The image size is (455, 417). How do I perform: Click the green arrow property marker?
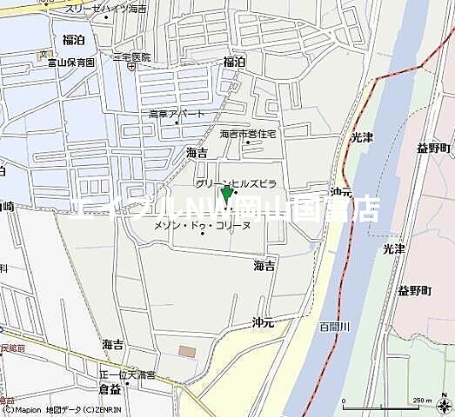coord(227,192)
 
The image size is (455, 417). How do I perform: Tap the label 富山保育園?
coord(69,63)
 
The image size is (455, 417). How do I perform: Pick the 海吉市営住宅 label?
coord(248,134)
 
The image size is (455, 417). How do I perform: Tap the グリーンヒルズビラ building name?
coord(236,184)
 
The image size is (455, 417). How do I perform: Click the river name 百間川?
coord(333,326)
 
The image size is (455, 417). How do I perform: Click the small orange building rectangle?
coord(187,351)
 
